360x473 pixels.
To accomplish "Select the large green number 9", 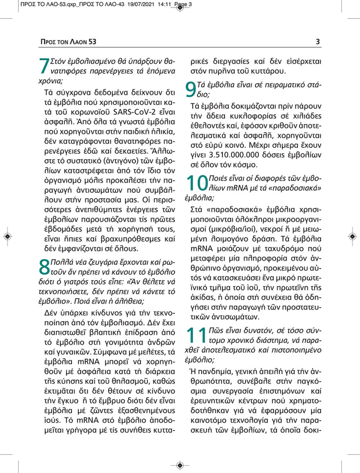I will tap(191, 90).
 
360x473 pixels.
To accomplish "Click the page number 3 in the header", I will tap(318, 42).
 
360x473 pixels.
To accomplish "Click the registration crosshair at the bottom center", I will tap(179, 465).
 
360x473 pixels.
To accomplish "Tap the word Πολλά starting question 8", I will tap(61, 262).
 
